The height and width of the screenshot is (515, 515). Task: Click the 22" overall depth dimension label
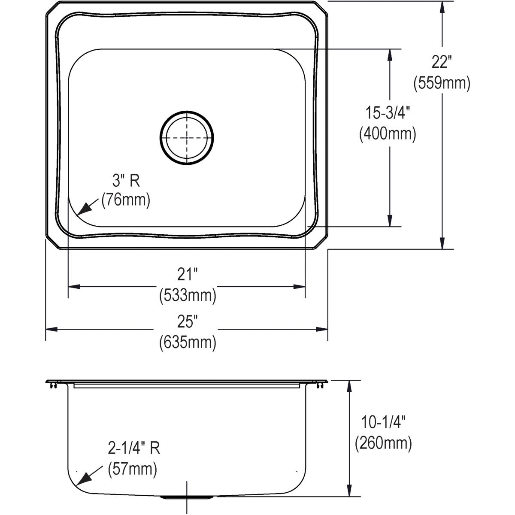point(442,63)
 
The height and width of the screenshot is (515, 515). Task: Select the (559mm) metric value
point(442,83)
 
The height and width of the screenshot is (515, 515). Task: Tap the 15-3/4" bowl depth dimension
point(388,114)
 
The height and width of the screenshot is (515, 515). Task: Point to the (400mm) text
point(388,134)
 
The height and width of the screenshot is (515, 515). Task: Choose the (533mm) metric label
point(187,295)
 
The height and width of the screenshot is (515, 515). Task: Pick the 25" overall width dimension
point(187,321)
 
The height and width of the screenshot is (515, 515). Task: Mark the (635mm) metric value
point(187,342)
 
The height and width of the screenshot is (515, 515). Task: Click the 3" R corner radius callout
point(126,181)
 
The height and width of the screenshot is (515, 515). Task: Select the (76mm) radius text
point(126,200)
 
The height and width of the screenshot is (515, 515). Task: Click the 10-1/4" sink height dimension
point(383,423)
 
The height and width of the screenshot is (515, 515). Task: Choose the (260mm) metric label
point(383,443)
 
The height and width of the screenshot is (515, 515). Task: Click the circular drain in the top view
point(187,138)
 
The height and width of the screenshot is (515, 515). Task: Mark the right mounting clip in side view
point(320,385)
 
